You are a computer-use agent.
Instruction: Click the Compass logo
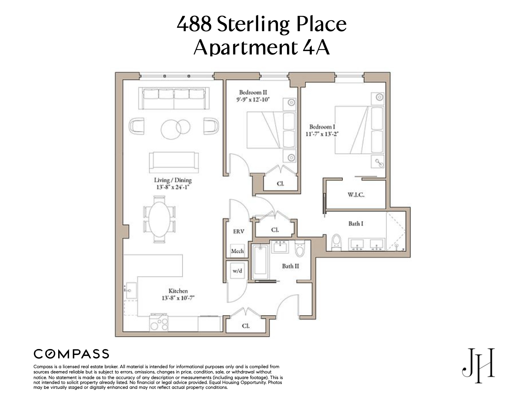71,354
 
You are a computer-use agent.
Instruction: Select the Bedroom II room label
253,92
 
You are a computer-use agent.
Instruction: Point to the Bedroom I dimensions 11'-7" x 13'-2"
322,134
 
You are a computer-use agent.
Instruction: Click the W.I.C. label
356,195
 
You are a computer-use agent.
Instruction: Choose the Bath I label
356,224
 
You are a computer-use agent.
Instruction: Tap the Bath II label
290,266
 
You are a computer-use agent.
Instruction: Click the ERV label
239,231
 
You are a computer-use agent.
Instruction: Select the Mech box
237,251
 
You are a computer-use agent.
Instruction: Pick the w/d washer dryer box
237,271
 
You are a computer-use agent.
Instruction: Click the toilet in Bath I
337,242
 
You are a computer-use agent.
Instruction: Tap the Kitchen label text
178,291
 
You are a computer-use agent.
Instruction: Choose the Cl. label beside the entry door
245,326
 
